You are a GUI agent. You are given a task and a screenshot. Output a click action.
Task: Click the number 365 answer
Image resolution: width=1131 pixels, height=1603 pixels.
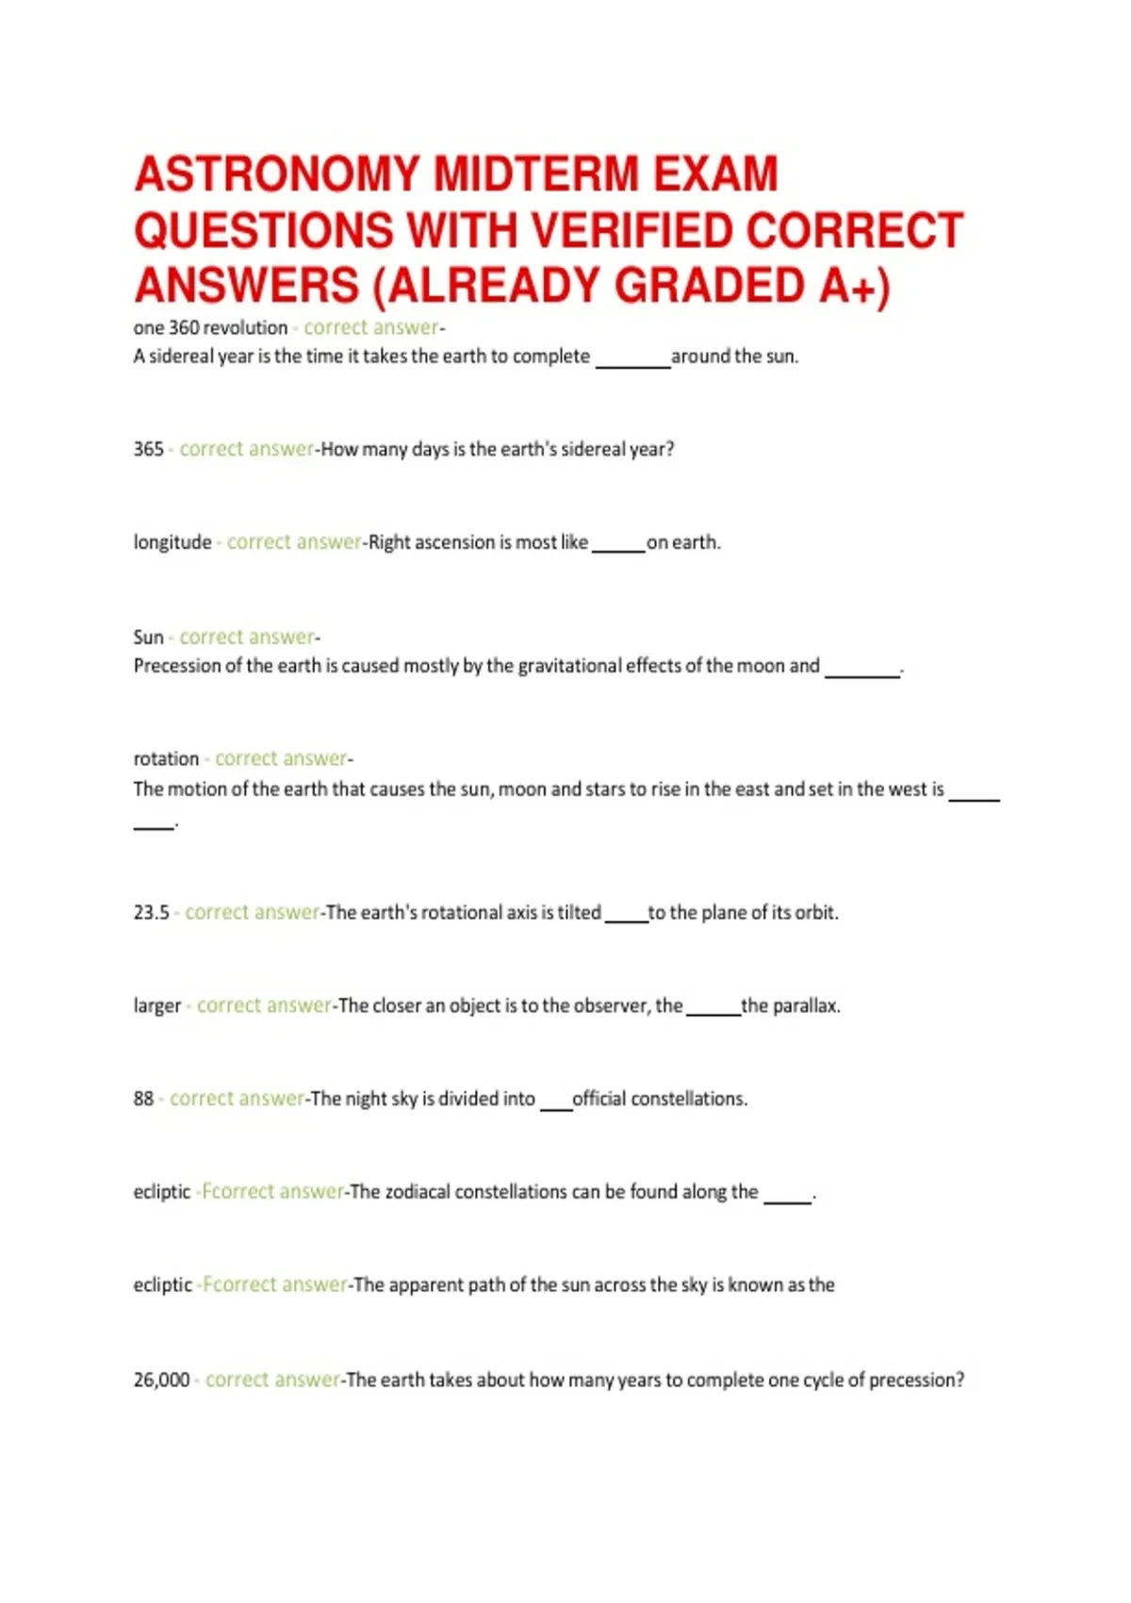[x=148, y=449]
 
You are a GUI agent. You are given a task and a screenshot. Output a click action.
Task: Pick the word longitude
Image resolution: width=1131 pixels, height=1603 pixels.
[x=172, y=542]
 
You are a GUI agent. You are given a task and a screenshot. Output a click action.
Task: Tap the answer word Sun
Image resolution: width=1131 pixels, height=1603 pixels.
[x=148, y=637]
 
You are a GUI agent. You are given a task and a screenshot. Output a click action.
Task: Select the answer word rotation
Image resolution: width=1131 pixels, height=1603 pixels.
[x=166, y=759]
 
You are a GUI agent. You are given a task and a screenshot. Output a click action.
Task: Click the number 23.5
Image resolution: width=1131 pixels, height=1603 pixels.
[x=151, y=913]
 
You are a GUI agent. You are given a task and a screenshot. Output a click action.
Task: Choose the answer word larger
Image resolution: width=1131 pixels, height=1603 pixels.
[x=156, y=1006]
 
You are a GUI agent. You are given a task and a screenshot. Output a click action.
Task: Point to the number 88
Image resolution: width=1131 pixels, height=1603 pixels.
[x=143, y=1099]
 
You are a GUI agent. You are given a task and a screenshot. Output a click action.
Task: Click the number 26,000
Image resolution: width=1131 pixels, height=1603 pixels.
[x=161, y=1380]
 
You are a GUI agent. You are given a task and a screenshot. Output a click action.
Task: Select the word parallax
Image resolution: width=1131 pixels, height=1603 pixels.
[x=805, y=1006]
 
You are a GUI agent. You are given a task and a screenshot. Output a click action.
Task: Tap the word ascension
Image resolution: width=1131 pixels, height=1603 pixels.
[x=455, y=542]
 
